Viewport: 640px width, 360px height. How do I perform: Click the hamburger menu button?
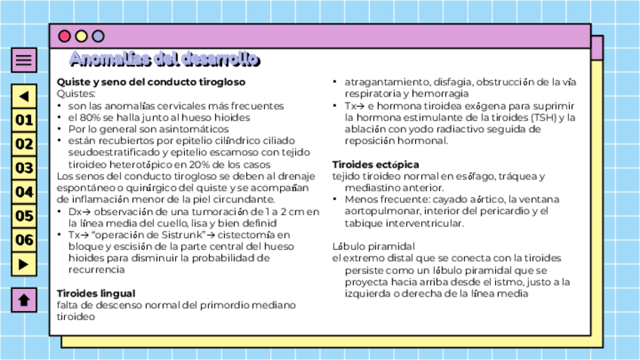(x=24, y=60)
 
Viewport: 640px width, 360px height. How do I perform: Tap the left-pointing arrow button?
(x=24, y=97)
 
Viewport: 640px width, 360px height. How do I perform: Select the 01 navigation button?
(x=24, y=120)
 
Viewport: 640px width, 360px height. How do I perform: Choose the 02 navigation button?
(x=24, y=144)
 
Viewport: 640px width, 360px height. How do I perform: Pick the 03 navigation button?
(x=24, y=168)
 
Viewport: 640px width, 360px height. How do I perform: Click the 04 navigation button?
(x=24, y=192)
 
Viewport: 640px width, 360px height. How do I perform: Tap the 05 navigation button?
(x=24, y=217)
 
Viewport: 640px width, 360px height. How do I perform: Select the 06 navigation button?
(x=24, y=241)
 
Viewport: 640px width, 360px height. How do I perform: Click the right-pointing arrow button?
(x=24, y=264)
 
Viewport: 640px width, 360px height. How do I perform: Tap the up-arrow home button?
(x=24, y=300)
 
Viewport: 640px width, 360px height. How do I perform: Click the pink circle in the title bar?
(x=65, y=36)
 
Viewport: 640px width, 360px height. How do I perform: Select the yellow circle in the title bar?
(x=82, y=36)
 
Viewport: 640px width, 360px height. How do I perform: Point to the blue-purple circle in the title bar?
(x=98, y=36)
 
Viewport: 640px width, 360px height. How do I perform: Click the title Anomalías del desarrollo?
(x=165, y=60)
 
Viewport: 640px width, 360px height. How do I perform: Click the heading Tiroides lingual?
(x=96, y=293)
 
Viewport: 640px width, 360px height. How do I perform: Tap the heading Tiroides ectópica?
(x=376, y=165)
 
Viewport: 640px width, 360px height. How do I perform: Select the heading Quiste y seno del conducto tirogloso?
(x=151, y=82)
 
